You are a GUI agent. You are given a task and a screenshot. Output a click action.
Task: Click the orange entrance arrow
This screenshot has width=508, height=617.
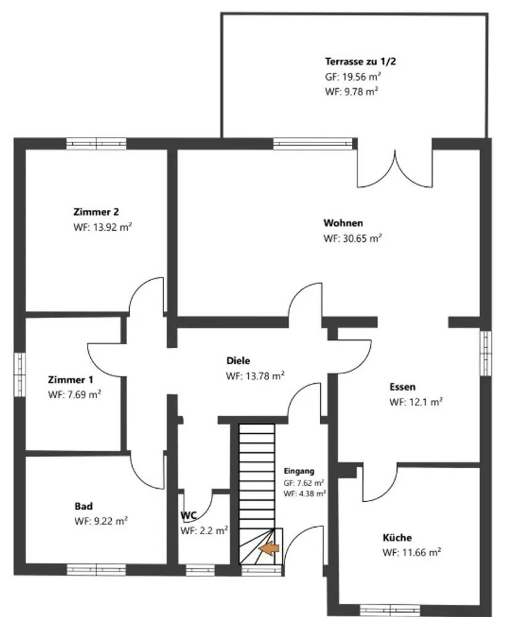pos(269,549)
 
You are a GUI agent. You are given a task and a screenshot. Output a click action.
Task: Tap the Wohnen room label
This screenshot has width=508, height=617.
pos(343,223)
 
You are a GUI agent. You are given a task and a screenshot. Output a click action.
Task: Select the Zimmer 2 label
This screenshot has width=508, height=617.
pos(96,212)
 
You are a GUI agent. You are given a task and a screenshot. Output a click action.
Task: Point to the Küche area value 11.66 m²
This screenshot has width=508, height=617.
pos(412,552)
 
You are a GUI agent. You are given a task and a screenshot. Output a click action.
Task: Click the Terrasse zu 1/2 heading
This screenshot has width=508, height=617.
pos(360,61)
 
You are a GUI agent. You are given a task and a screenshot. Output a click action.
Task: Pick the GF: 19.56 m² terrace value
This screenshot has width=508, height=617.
pos(353,77)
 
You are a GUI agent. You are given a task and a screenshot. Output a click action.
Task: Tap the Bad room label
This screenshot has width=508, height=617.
pos(83,506)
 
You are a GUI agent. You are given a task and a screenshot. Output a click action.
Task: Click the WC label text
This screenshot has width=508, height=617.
pos(188,515)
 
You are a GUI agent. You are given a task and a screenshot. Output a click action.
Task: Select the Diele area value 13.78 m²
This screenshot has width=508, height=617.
pos(255,376)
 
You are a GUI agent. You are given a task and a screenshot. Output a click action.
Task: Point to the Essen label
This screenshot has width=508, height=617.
pos(402,387)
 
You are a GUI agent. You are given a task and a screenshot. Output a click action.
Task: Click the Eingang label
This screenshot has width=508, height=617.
pos(299,471)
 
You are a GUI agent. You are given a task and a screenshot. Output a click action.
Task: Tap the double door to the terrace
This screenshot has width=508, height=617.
pos(394,168)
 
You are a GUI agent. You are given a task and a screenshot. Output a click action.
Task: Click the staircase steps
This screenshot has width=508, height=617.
pos(257,494)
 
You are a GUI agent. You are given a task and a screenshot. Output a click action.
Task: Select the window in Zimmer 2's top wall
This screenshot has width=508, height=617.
pos(96,144)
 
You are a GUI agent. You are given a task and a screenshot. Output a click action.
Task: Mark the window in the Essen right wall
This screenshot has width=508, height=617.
pos(486,354)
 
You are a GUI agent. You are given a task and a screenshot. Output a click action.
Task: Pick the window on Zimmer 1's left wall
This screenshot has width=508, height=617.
pos(20,375)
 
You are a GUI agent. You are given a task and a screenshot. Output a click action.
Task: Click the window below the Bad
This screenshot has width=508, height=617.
pos(96,569)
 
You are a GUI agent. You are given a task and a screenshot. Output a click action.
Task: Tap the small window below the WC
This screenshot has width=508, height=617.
pos(200,570)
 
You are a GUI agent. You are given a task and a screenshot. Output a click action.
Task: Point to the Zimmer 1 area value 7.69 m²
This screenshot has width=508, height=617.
pos(75,395)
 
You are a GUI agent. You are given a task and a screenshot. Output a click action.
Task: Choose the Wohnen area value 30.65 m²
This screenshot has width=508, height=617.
pos(352,238)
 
